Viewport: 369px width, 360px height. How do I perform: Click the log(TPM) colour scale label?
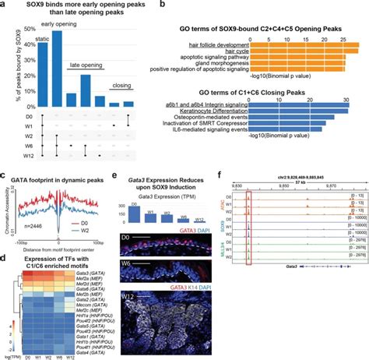coord(12,356)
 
